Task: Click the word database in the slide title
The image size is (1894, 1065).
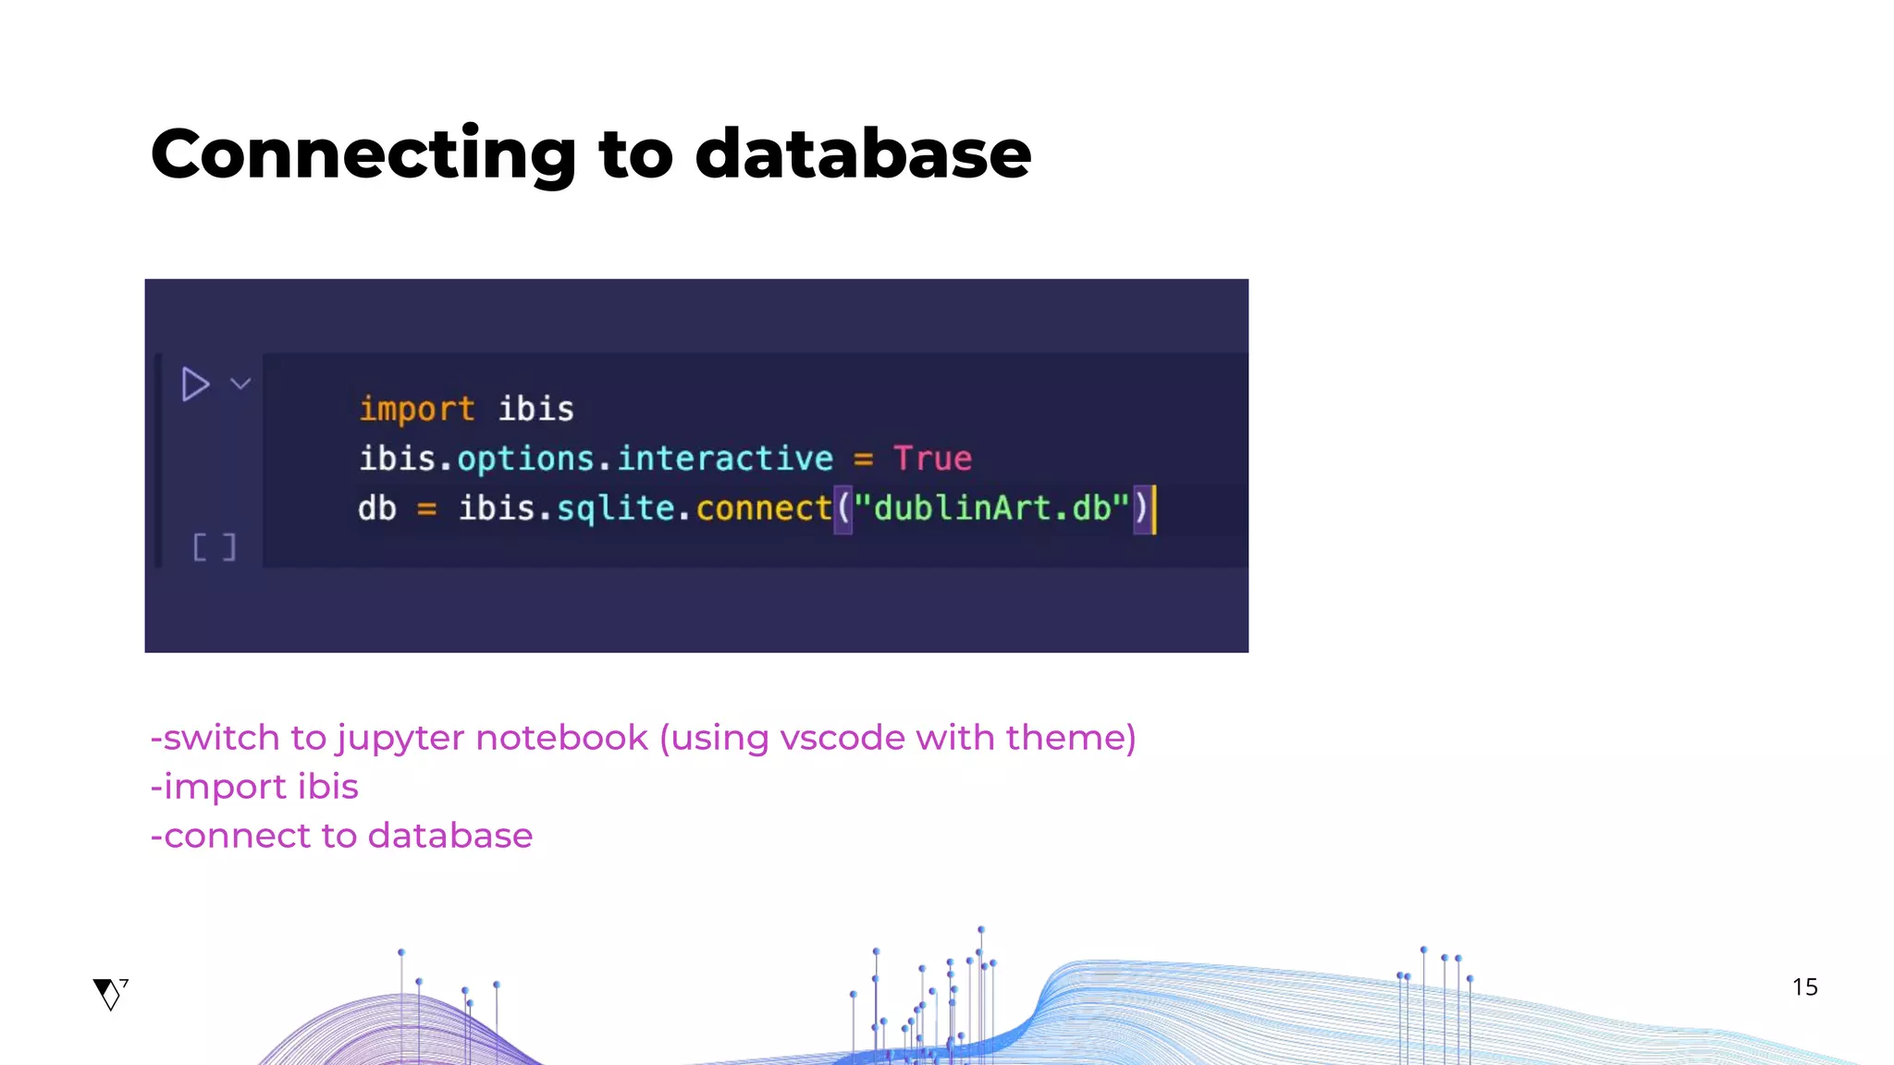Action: click(862, 153)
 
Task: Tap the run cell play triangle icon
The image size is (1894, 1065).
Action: click(195, 384)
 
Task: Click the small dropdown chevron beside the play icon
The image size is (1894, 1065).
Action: click(240, 384)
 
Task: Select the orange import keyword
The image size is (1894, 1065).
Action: click(416, 409)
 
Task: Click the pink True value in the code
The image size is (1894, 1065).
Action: click(932, 459)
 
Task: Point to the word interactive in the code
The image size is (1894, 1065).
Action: click(725, 459)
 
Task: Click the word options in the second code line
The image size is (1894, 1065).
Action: click(525, 459)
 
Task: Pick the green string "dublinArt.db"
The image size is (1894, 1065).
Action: click(991, 508)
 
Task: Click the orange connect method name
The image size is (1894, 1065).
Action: click(764, 508)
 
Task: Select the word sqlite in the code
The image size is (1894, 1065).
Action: click(615, 508)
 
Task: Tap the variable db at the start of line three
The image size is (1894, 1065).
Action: click(377, 508)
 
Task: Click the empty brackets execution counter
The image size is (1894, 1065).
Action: click(215, 547)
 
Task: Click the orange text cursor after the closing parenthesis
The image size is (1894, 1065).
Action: click(1154, 509)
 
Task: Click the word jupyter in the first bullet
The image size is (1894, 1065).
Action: click(400, 739)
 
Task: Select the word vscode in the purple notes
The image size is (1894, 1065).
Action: click(842, 739)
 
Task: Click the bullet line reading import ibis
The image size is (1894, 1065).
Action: click(255, 787)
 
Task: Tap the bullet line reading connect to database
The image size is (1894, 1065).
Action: click(342, 836)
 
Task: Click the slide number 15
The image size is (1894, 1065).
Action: click(1804, 987)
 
